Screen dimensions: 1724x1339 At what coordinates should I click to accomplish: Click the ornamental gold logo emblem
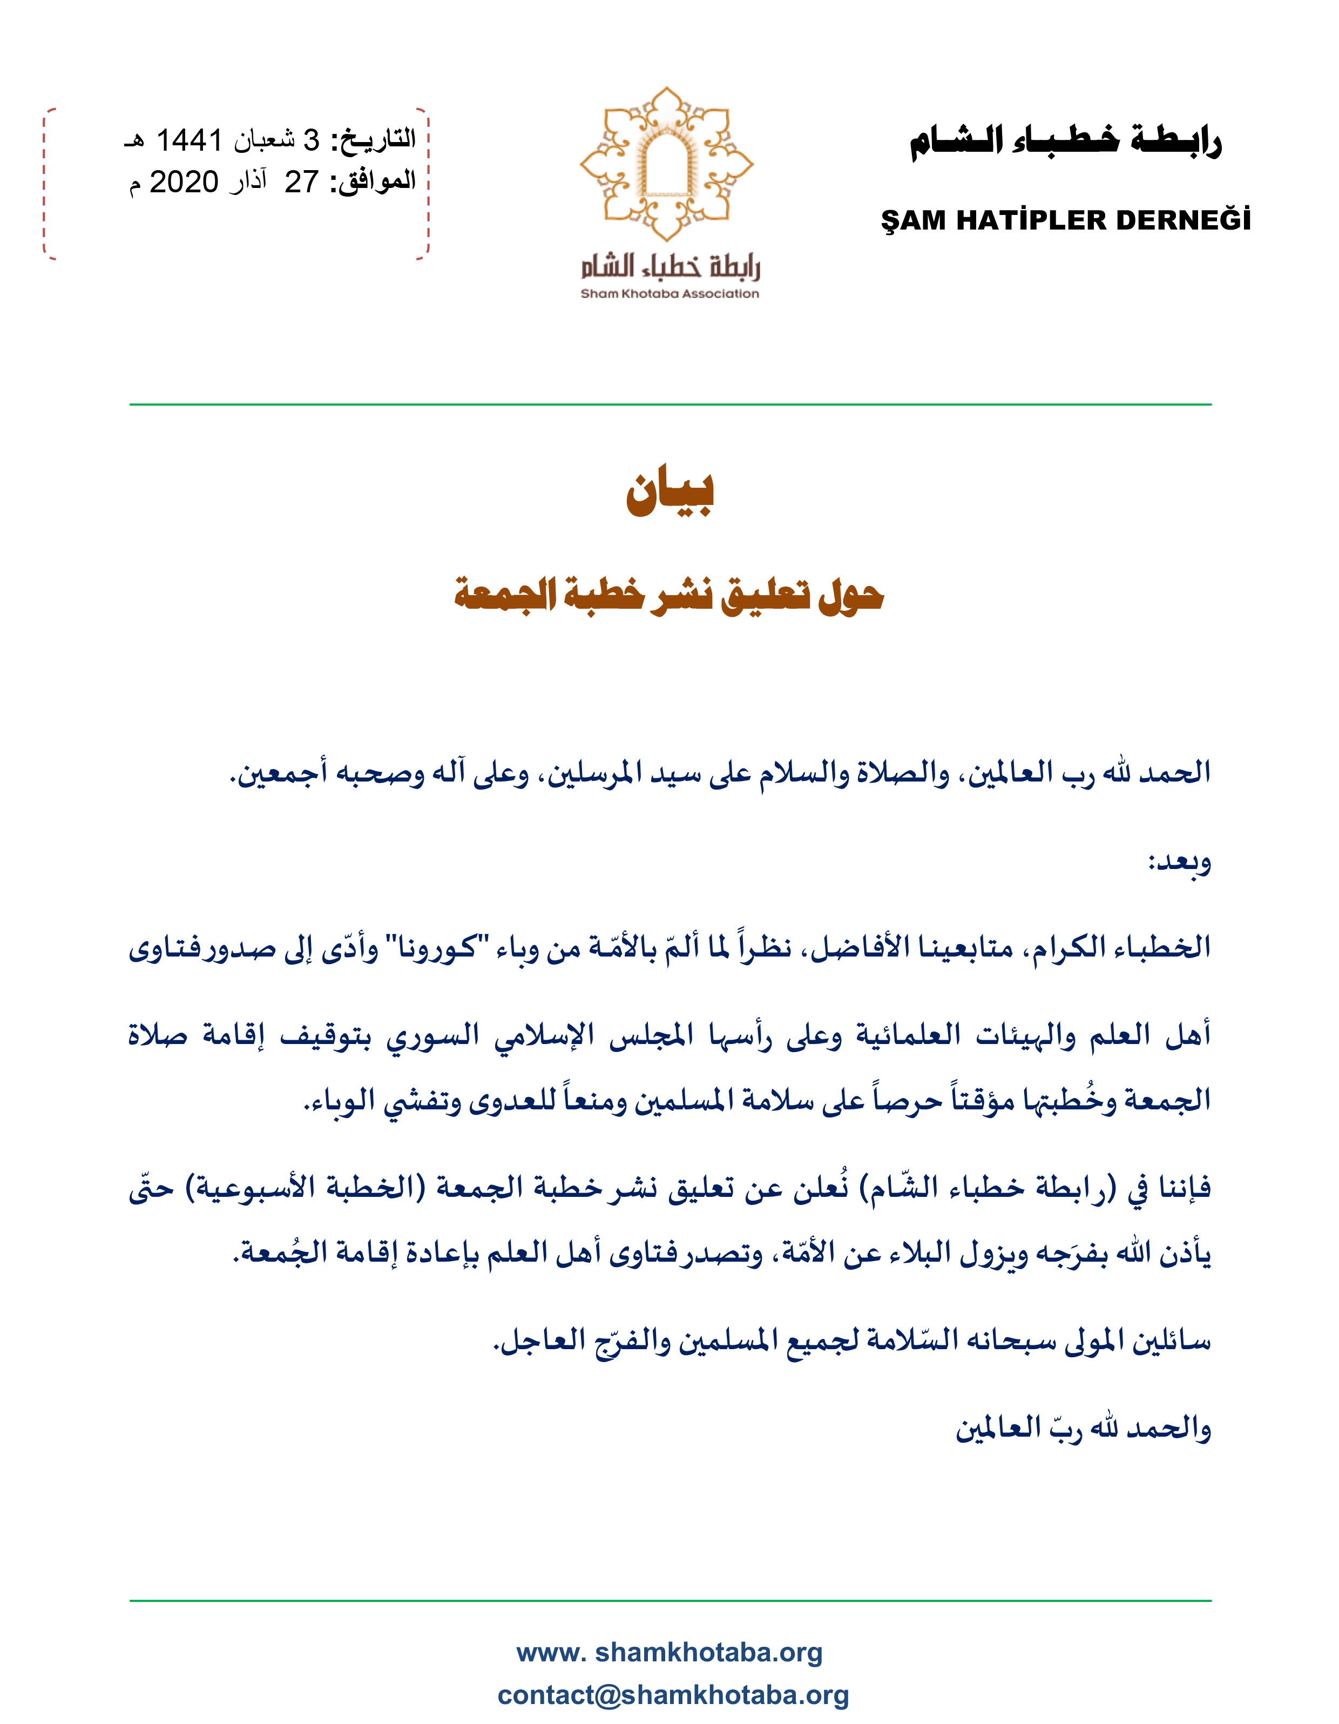(x=667, y=164)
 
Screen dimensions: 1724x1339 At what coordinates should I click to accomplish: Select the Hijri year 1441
(x=190, y=140)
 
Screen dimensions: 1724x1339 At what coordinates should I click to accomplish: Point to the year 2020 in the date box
(x=184, y=183)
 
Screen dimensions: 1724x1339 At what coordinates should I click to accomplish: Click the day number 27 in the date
(x=301, y=183)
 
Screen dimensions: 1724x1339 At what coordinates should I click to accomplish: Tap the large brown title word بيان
(x=670, y=493)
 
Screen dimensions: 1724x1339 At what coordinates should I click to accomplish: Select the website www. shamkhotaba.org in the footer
(x=669, y=1652)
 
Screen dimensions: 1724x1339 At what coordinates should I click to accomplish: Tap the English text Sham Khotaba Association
(x=669, y=294)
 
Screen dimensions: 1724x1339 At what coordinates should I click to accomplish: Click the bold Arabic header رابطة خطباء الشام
(x=1065, y=142)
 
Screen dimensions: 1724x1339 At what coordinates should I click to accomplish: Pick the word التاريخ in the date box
(x=374, y=140)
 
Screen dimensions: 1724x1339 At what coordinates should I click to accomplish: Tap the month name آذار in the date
(x=248, y=183)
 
